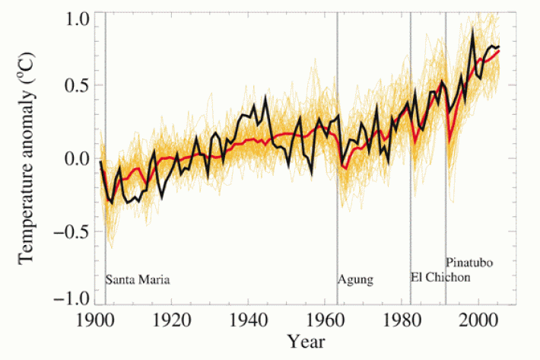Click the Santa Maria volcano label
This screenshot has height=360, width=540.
pyautogui.click(x=138, y=279)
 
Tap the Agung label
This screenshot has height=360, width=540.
pyautogui.click(x=356, y=279)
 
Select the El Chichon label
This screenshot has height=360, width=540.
pyautogui.click(x=440, y=277)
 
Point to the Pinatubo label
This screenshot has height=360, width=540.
pyautogui.click(x=469, y=263)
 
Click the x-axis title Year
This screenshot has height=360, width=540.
pyautogui.click(x=303, y=339)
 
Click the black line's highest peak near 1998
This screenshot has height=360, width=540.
pyautogui.click(x=473, y=30)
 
